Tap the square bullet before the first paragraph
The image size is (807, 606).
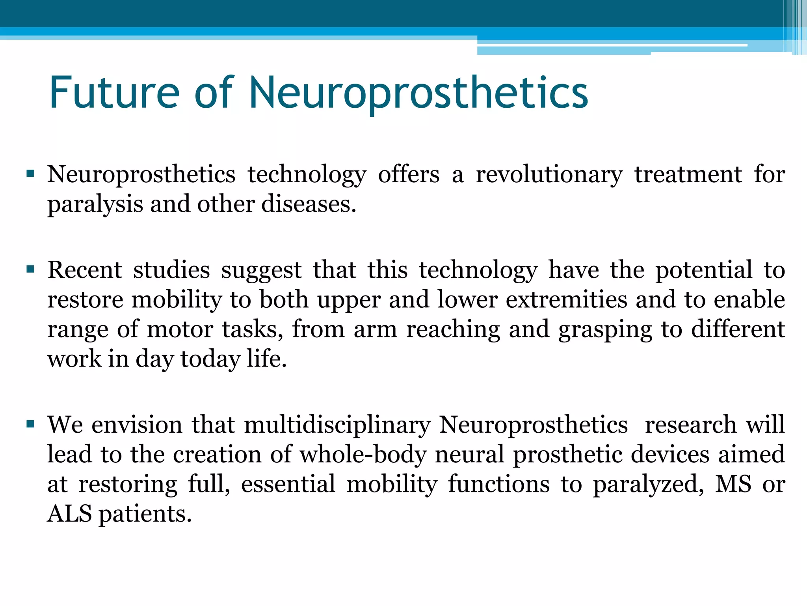pyautogui.click(x=30, y=173)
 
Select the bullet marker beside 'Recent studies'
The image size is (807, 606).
pyautogui.click(x=30, y=269)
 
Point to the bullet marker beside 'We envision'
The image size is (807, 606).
pyautogui.click(x=30, y=424)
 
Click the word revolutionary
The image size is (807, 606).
pyautogui.click(x=549, y=175)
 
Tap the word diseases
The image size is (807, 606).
pyautogui.click(x=309, y=204)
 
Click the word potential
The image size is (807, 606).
pyautogui.click(x=704, y=270)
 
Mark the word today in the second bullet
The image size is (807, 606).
pyautogui.click(x=210, y=360)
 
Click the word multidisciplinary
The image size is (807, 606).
pyautogui.click(x=337, y=426)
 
